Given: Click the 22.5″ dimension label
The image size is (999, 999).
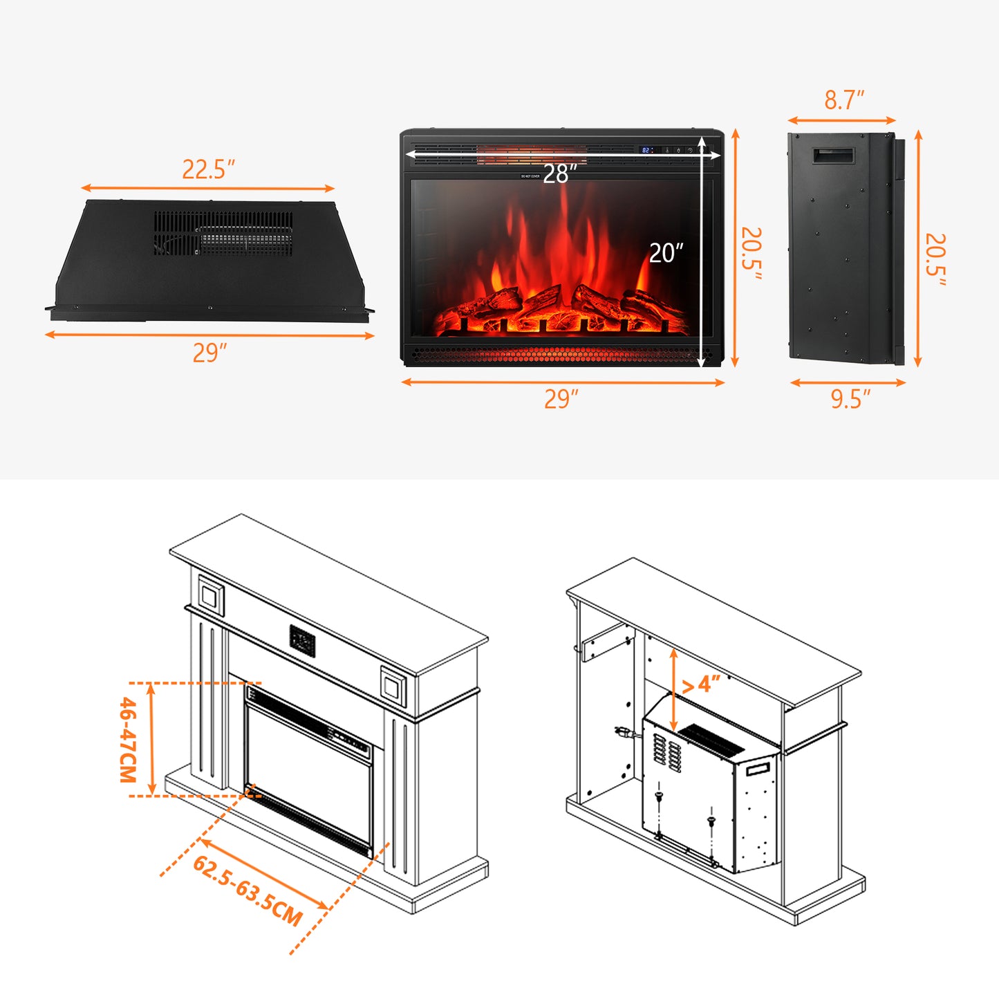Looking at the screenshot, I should coord(208,169).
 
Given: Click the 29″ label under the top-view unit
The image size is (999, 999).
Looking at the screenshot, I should coord(209,353).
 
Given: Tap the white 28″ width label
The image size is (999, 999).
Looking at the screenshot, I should coord(559,174).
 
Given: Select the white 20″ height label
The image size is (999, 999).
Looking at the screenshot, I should coord(666,253).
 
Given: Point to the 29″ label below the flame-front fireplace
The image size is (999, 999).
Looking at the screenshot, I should coord(561,399).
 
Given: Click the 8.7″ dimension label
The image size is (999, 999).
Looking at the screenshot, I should coord(843,100).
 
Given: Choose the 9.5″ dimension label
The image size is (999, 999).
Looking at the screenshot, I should coord(850,399).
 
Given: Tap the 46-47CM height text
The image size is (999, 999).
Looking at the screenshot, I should coord(129,740).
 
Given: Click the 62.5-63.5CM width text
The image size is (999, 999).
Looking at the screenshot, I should coord(248,890).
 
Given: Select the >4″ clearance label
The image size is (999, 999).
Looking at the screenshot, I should coord(701,684).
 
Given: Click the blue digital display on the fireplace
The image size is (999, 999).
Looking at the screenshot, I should coord(646,150).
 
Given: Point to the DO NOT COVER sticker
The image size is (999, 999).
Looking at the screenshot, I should coord(530,176).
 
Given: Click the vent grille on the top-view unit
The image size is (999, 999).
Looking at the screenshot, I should coord(223,233).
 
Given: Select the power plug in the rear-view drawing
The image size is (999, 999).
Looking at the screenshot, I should coord(622,731).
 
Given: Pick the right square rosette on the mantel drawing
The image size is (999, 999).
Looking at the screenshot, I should coord(393,687).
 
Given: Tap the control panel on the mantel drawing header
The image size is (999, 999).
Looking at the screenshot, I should coord(302,641).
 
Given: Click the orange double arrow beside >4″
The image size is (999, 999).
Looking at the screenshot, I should coord(673,689).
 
